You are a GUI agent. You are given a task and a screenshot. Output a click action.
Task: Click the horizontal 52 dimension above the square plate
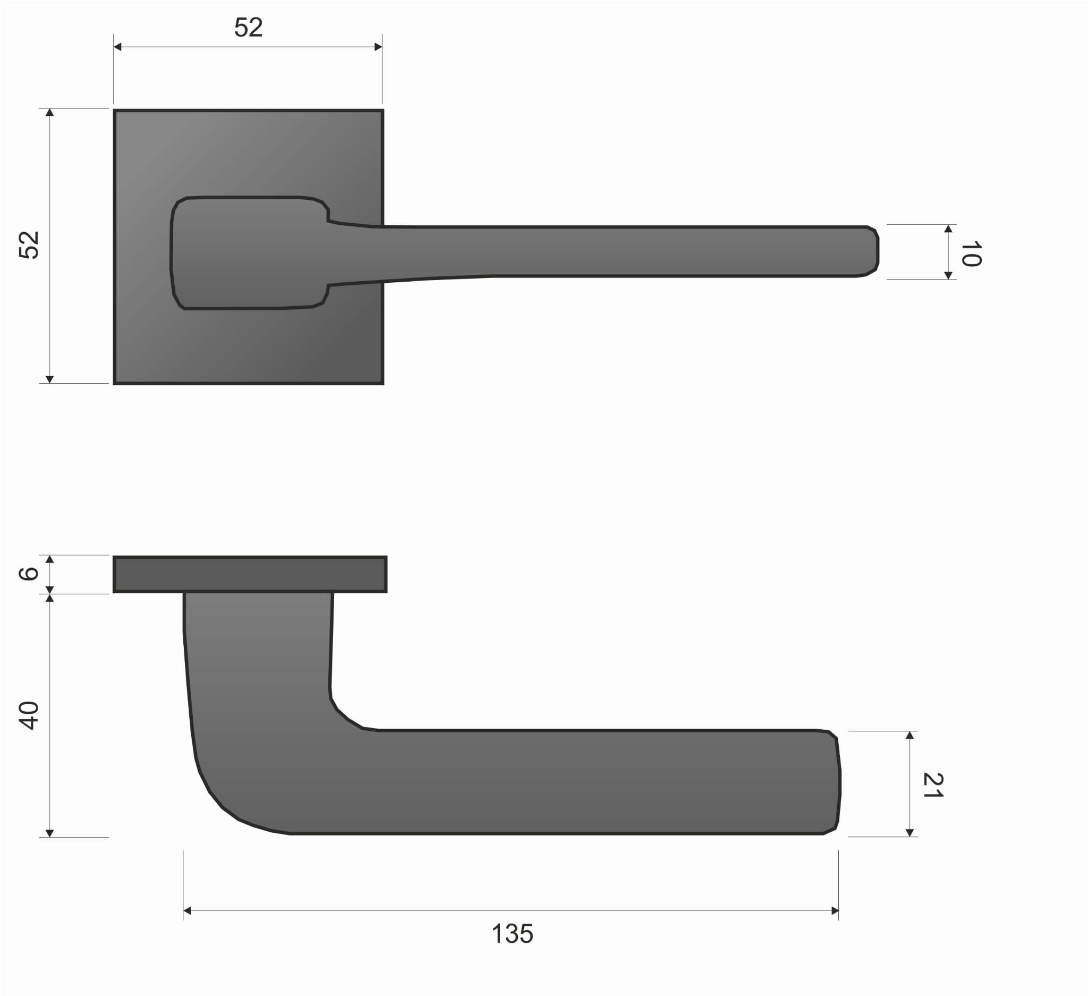tap(248, 28)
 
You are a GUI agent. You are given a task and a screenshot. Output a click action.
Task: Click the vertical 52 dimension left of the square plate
tap(29, 245)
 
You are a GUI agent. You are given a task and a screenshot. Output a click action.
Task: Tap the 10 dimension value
tap(971, 254)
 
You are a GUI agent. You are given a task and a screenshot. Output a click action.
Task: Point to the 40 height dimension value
tap(29, 716)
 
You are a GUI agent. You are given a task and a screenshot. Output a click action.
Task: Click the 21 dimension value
tap(933, 786)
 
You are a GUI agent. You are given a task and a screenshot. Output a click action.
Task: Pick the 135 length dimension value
tap(512, 934)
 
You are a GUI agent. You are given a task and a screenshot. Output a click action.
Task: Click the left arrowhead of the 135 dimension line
tap(188, 911)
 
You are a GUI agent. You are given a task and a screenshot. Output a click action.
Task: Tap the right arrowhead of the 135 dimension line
tap(835, 911)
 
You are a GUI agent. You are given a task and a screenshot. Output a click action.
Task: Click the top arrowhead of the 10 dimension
tap(948, 229)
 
